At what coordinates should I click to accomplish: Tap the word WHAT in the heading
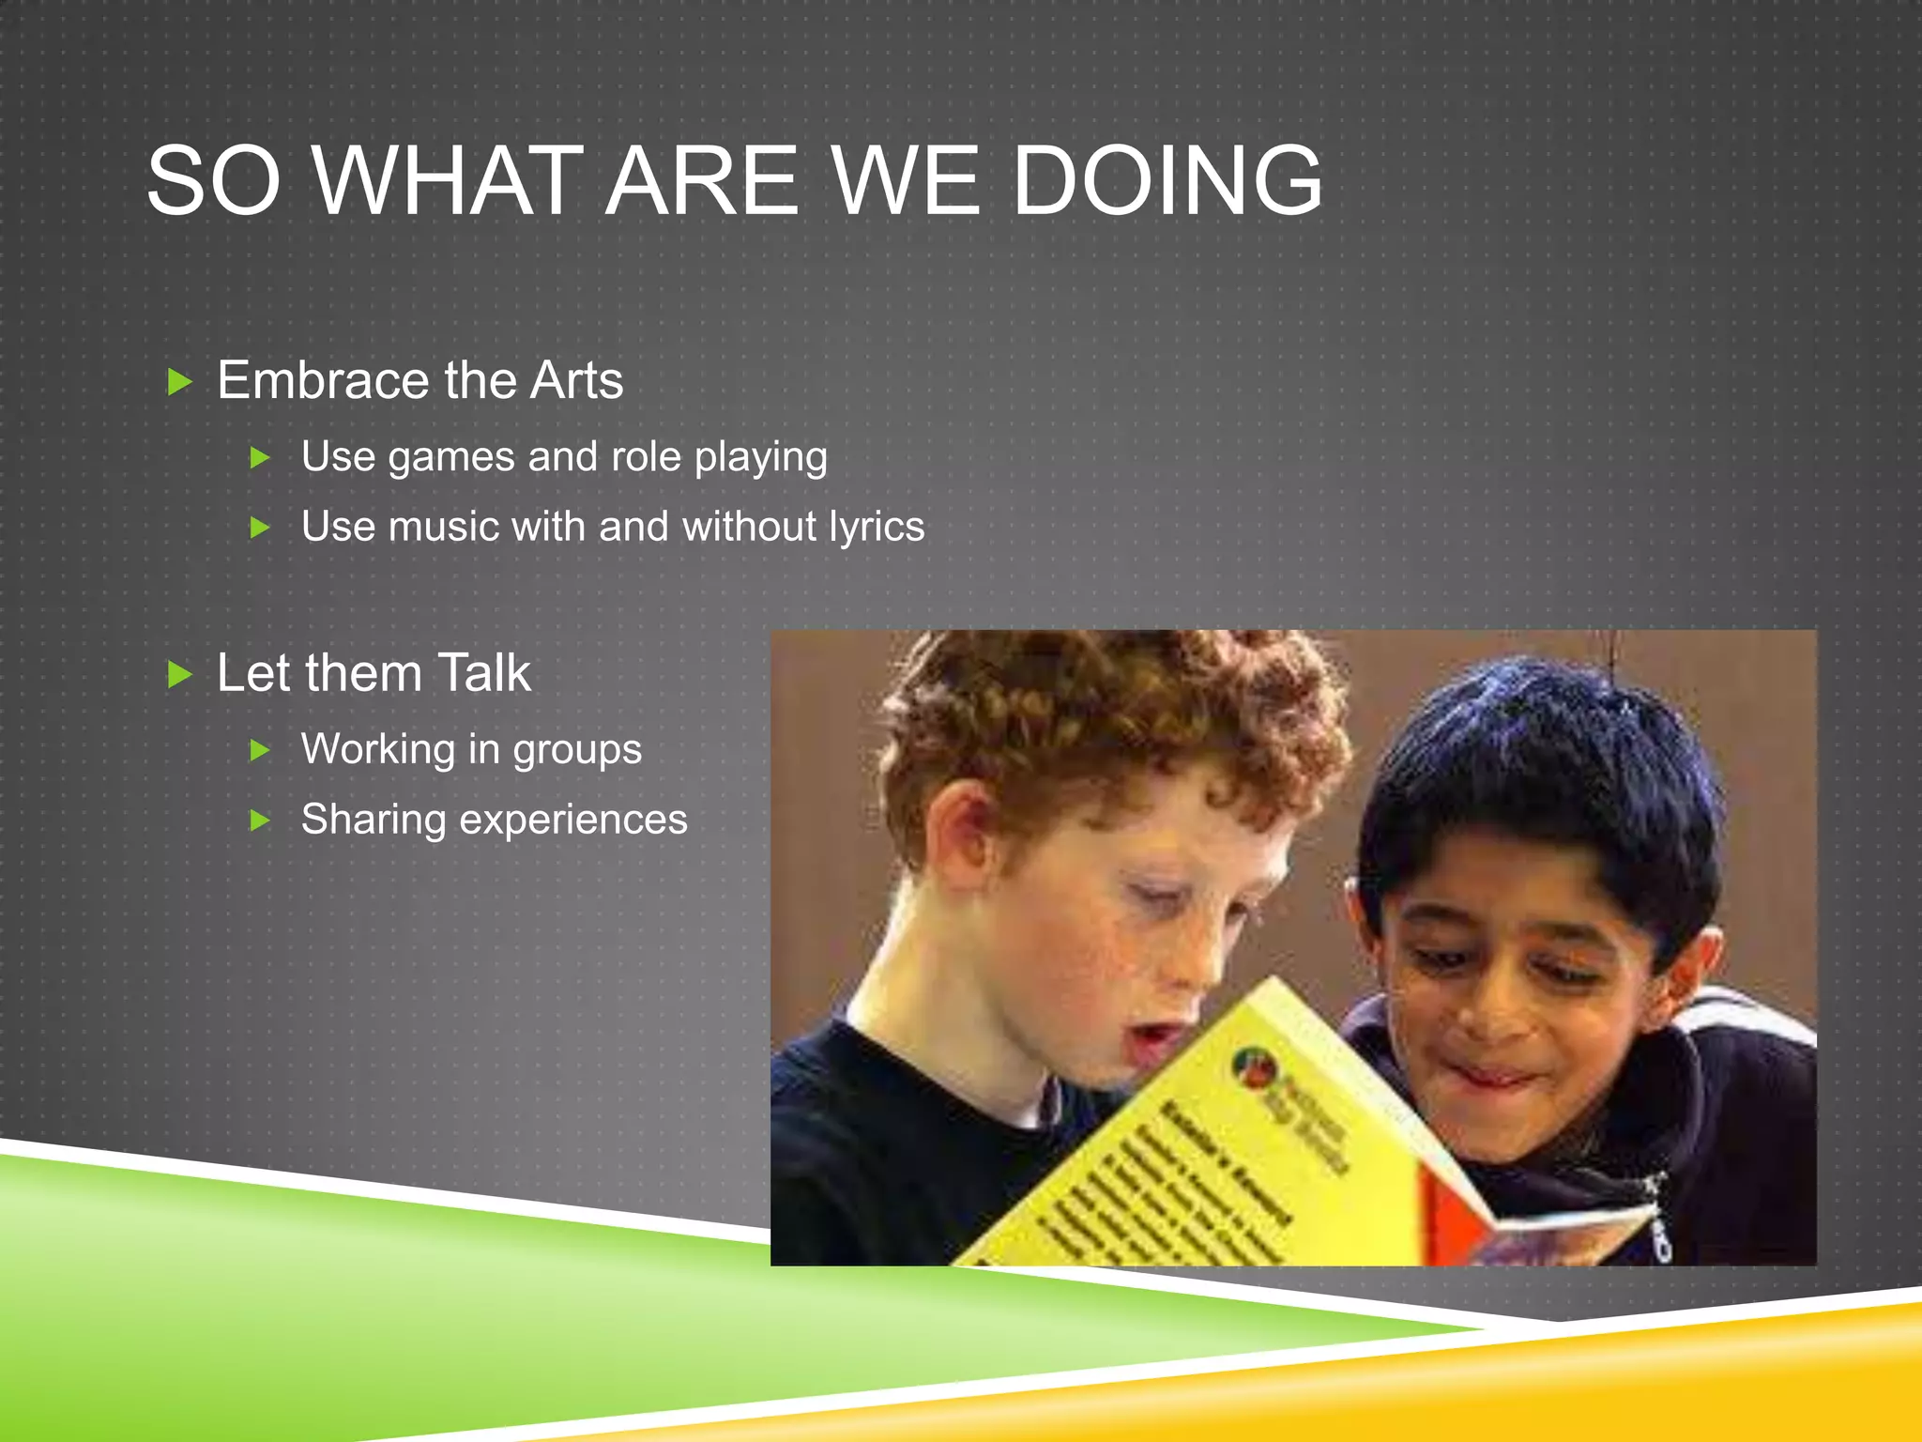(x=442, y=180)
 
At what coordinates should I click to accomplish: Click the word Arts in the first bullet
(x=576, y=380)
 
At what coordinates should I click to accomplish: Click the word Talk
(x=484, y=673)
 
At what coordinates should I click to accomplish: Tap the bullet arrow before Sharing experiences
(x=260, y=821)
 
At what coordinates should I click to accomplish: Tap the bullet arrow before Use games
(x=260, y=459)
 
